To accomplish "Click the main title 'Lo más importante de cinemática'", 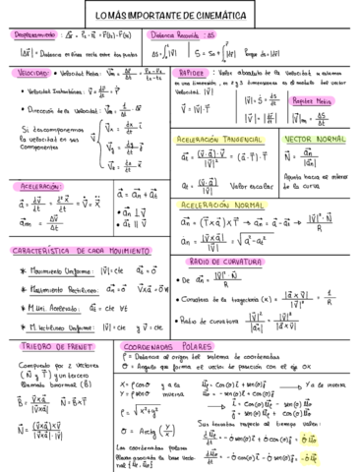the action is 180,14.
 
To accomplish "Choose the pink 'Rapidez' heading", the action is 192,72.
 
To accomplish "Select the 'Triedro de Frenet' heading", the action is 48,319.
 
